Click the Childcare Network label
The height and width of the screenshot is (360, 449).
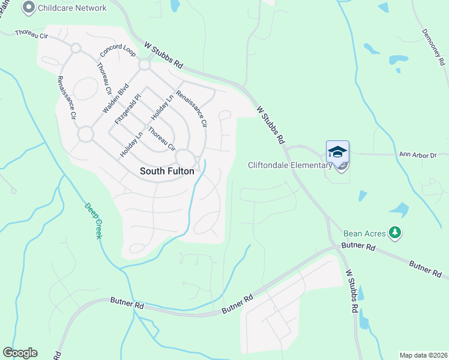(x=72, y=8)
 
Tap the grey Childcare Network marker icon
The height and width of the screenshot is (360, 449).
(x=28, y=8)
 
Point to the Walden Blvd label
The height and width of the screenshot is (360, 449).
(x=116, y=99)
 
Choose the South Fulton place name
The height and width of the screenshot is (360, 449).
(x=167, y=171)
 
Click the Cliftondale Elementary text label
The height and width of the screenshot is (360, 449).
(x=290, y=165)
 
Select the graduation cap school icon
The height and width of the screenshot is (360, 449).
(x=337, y=152)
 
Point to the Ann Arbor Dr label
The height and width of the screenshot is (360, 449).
(x=418, y=155)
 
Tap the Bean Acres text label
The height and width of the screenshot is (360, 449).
(x=365, y=233)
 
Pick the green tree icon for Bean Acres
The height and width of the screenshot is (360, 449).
(x=394, y=232)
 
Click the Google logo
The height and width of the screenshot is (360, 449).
(x=20, y=353)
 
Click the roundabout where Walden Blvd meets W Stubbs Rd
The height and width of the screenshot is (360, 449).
(x=144, y=64)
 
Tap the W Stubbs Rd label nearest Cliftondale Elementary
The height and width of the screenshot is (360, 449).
(x=270, y=125)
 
